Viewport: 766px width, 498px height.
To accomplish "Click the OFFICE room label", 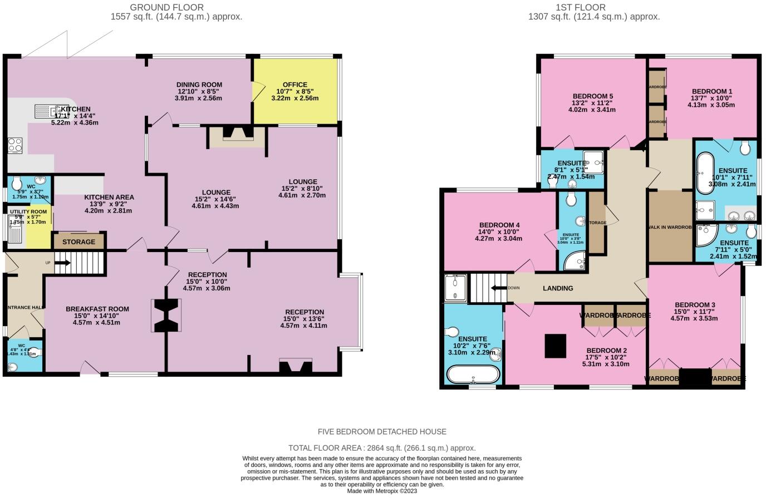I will (x=295, y=85).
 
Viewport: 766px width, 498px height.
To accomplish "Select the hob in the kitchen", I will (x=15, y=145).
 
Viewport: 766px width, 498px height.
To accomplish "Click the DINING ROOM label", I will (x=199, y=85).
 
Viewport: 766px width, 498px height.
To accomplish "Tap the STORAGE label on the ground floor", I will (x=78, y=242).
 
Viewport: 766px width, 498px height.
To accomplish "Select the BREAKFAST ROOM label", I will (x=97, y=309).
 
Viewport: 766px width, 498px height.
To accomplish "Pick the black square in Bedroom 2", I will (x=556, y=346).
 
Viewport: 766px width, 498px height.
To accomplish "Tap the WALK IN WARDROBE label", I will (x=670, y=227).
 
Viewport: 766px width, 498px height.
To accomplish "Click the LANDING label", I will (x=558, y=288).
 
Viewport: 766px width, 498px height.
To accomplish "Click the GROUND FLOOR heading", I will (x=166, y=7).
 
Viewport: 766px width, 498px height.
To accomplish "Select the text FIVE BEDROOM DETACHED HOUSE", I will (x=382, y=432).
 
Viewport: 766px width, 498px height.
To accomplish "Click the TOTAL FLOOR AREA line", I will (x=382, y=448).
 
